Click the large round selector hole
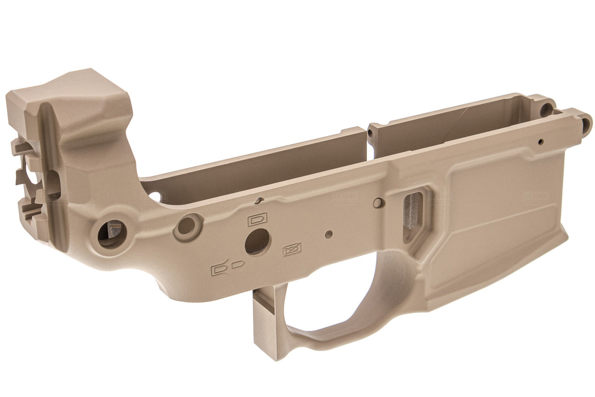click(x=257, y=241)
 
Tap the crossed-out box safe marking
click(x=292, y=250)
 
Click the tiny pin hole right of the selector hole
click(x=329, y=234)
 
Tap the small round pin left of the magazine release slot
click(x=378, y=202)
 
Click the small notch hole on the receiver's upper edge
click(x=260, y=200)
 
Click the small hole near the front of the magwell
click(x=540, y=141)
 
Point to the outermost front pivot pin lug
click(x=584, y=122)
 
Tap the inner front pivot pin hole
click(x=547, y=109)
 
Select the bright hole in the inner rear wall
click(x=155, y=196)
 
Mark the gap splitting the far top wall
click(x=367, y=135)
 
